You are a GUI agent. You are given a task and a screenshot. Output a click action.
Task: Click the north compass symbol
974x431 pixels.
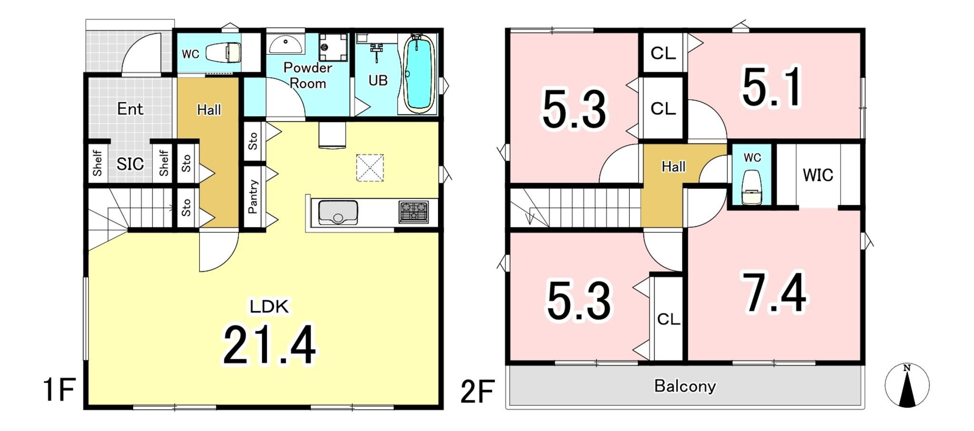(x=906, y=385)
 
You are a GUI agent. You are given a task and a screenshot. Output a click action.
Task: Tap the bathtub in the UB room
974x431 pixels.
(x=419, y=74)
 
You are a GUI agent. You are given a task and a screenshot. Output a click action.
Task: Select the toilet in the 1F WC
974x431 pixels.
(x=224, y=53)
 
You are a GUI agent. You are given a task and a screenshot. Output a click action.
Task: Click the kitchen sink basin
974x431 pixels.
(x=338, y=212)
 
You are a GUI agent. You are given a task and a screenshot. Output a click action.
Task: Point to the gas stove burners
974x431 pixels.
(x=414, y=212)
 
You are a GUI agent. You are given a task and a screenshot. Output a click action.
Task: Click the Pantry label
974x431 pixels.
(x=253, y=196)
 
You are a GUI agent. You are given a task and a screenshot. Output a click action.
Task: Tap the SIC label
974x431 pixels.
(x=130, y=164)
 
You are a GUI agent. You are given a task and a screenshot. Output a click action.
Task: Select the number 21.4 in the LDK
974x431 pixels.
(x=269, y=345)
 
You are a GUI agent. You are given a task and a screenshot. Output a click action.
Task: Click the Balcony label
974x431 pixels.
(x=685, y=386)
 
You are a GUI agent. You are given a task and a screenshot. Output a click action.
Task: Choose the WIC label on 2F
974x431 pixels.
(x=818, y=175)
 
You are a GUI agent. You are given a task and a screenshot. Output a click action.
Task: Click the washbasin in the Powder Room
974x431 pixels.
(x=285, y=45)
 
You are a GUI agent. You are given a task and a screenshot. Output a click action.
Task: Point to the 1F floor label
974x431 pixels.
(x=59, y=390)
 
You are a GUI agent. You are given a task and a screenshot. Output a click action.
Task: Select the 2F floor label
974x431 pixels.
(x=477, y=392)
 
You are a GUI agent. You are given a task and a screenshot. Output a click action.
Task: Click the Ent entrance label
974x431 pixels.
(x=130, y=109)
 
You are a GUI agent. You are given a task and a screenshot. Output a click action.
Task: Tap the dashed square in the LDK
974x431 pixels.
(x=370, y=168)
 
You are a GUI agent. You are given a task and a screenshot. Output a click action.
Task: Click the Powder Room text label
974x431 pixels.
(x=308, y=76)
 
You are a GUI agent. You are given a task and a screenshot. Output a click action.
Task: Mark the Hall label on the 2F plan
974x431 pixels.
(x=673, y=167)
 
